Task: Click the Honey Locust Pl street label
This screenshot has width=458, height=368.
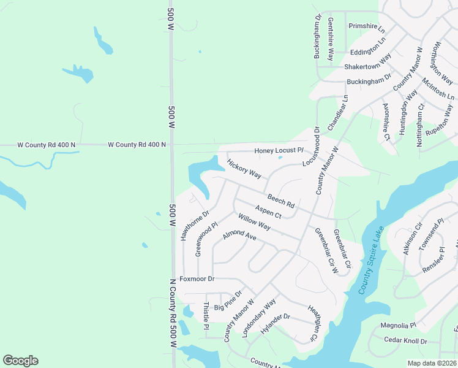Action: [279, 150]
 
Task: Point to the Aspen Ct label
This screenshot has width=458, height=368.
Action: [268, 212]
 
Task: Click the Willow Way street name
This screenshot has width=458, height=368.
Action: [255, 222]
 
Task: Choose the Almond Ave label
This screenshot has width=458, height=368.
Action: [239, 236]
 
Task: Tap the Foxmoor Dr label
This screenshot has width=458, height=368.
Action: [197, 278]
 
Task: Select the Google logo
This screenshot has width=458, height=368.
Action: [20, 361]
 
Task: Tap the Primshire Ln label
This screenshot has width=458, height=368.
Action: [366, 26]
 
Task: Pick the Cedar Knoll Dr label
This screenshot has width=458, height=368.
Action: [405, 340]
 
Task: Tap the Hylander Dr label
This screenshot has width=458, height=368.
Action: [274, 325]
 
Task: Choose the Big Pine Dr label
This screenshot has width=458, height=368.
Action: [228, 298]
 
